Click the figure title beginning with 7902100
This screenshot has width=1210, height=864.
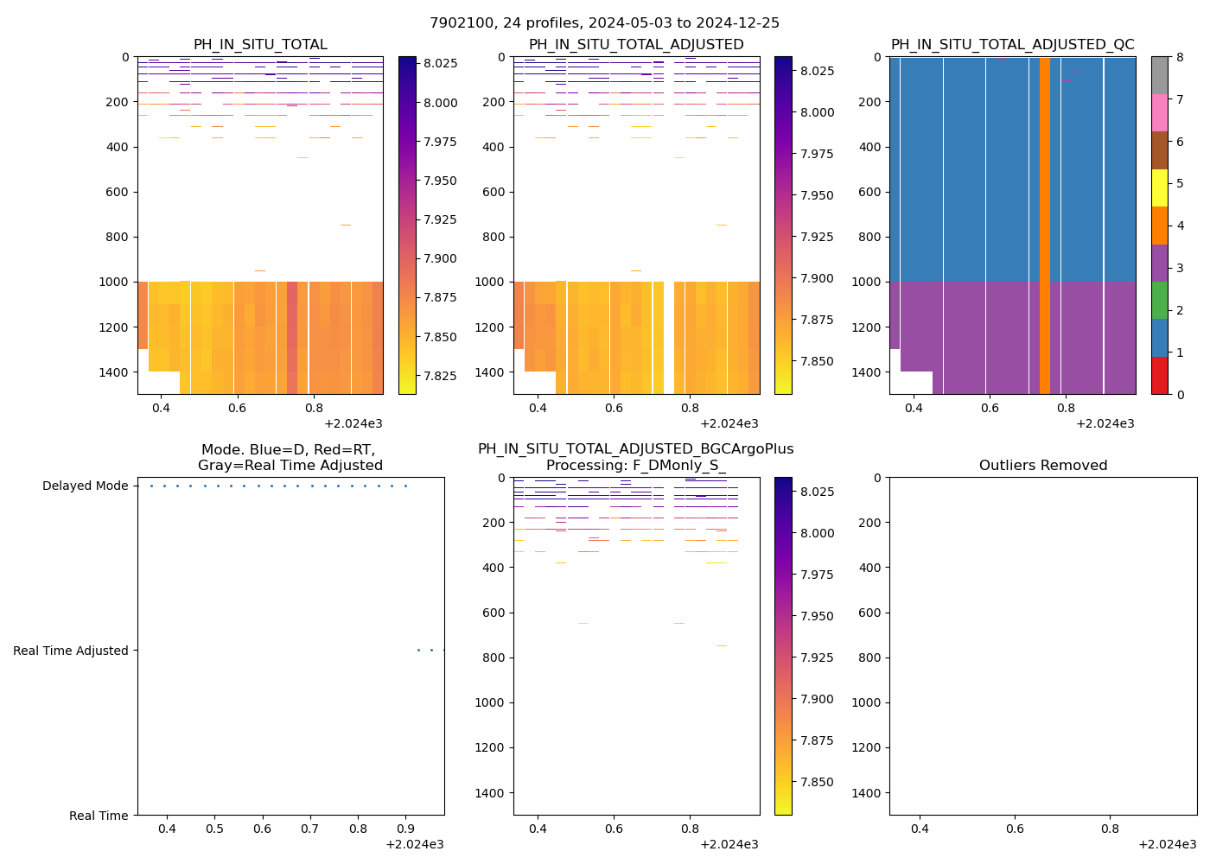[604, 23]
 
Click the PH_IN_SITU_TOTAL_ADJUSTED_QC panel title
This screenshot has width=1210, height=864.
[1012, 45]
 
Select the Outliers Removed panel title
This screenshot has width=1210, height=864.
[1042, 466]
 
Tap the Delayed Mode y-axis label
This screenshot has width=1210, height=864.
[85, 486]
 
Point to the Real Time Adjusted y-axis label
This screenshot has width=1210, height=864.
[71, 651]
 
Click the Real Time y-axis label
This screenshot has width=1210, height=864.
[99, 816]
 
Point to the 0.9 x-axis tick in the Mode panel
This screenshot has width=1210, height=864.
[406, 829]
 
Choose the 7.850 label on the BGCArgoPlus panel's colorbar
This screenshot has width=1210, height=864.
[816, 782]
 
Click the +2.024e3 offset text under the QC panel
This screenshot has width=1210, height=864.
[1105, 423]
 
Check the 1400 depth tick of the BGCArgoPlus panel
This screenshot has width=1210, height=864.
[492, 793]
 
